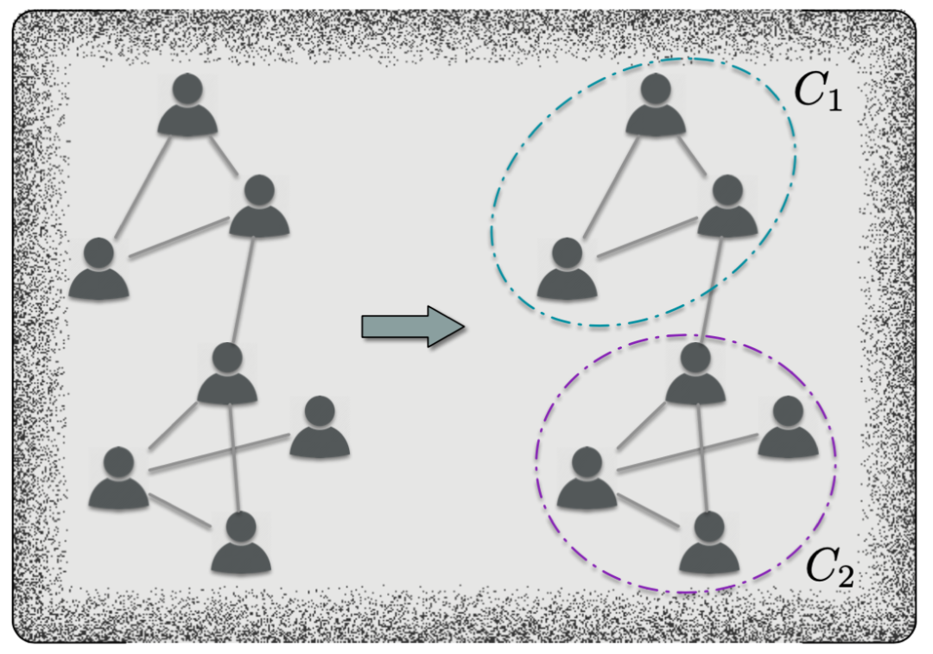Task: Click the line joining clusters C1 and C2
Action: click(713, 290)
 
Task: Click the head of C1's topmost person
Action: click(656, 88)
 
